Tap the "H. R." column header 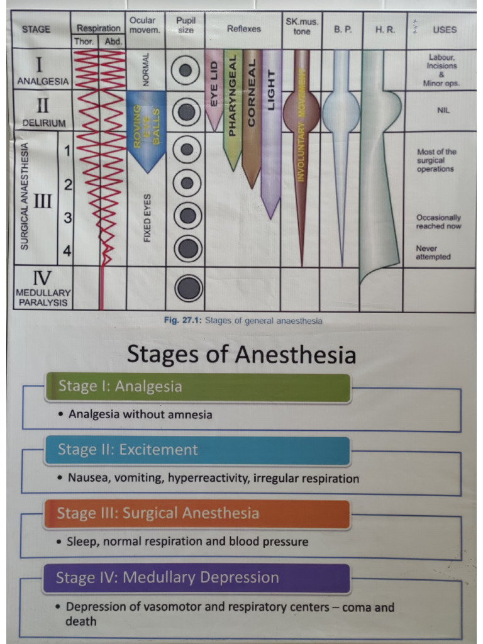click(x=384, y=30)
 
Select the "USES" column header click(x=445, y=30)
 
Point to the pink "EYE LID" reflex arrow click(x=214, y=88)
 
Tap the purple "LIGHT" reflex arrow click(x=270, y=126)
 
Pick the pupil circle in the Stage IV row click(x=187, y=289)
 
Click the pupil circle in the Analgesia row click(x=186, y=69)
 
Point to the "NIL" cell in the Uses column click(x=444, y=110)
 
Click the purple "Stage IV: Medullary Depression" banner click(x=196, y=577)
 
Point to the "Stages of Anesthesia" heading click(x=241, y=355)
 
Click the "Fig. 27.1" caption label click(x=182, y=320)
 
